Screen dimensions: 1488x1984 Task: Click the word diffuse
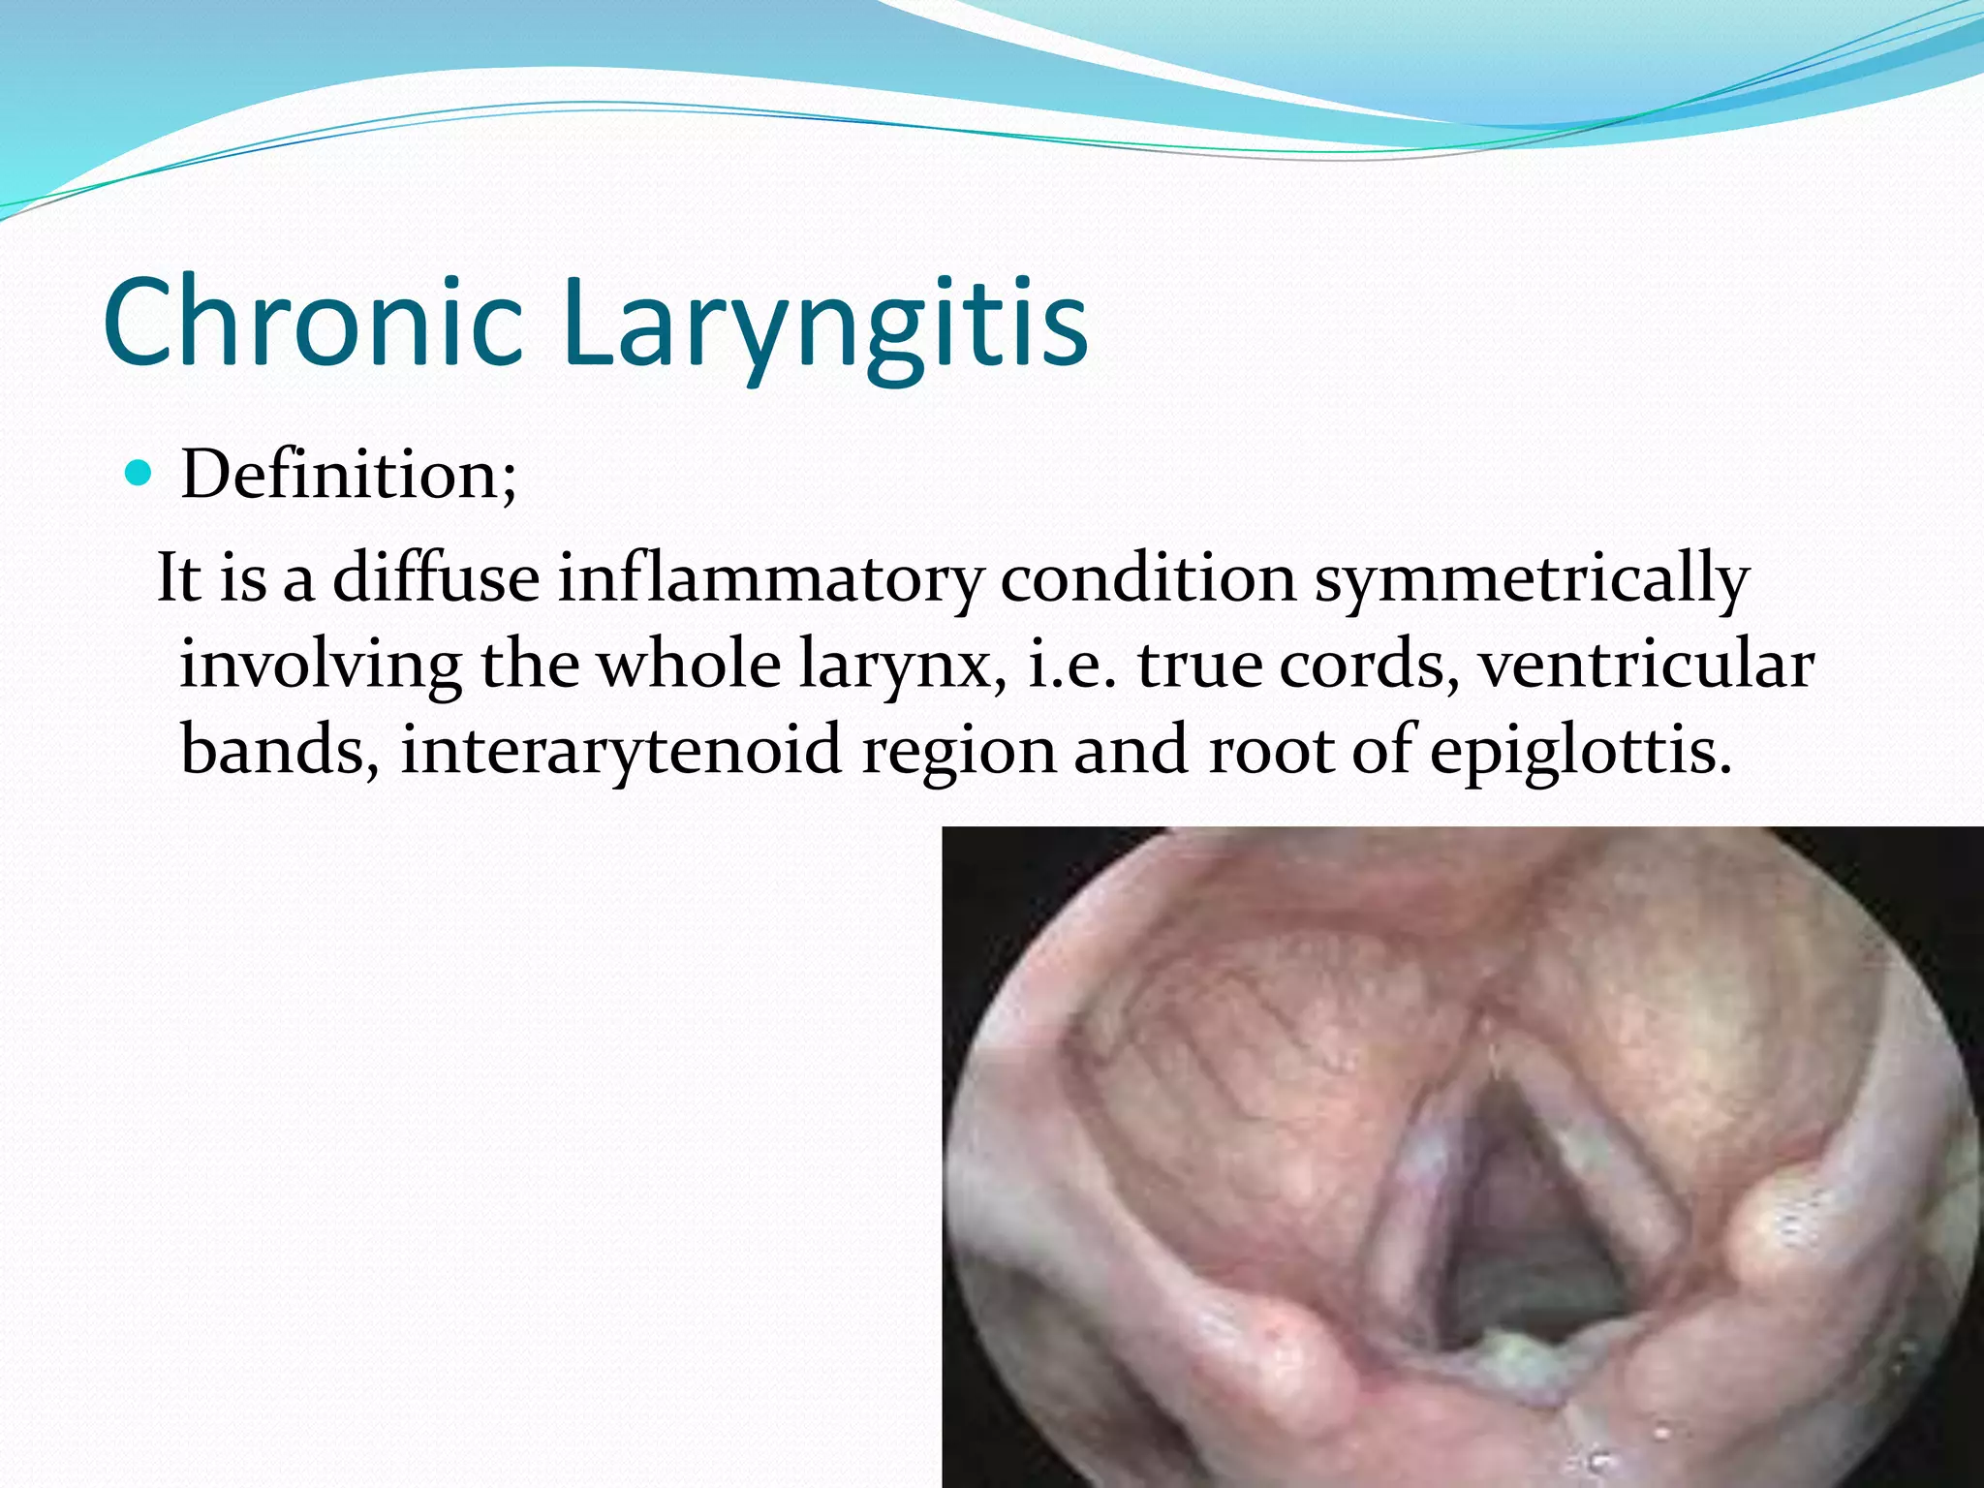436,578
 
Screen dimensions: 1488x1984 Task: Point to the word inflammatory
770,578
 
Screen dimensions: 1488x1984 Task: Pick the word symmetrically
1531,578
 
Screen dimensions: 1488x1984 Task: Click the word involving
321,666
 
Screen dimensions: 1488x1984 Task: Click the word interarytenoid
621,751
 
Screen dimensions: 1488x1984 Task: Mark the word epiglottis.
1580,751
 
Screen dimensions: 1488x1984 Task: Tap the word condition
1148,578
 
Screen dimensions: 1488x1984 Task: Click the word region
958,751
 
